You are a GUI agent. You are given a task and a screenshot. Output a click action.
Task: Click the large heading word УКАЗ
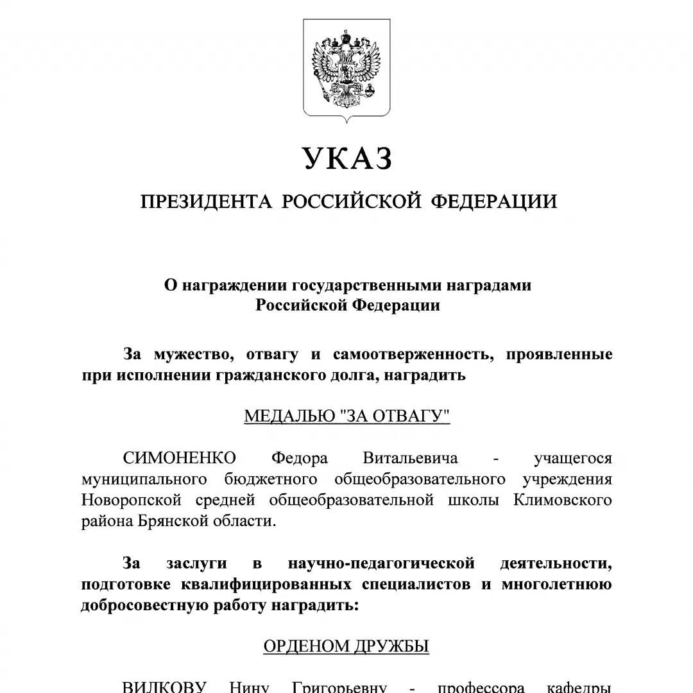coord(346,158)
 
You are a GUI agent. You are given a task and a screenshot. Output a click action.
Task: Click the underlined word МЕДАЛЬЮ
coord(290,416)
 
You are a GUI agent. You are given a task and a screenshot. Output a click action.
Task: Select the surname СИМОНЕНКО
coord(180,458)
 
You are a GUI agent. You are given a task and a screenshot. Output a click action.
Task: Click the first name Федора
coord(300,458)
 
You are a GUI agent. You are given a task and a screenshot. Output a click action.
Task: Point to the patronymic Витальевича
coord(411,458)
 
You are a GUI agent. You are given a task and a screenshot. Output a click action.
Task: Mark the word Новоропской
coord(132,500)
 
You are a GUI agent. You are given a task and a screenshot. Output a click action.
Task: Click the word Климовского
coord(563,500)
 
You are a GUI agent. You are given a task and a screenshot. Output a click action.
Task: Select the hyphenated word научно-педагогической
coord(381,563)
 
